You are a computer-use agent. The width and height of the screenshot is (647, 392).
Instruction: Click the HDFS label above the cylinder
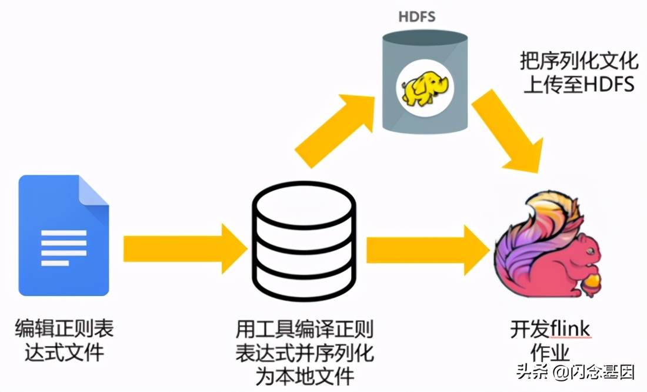point(417,16)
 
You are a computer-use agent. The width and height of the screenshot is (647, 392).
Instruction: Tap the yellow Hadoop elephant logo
point(425,88)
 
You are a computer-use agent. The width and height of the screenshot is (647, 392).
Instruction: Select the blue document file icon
point(64,235)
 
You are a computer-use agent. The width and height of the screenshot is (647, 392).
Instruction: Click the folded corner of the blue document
point(94,190)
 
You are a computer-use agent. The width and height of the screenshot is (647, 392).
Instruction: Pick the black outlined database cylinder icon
point(304,241)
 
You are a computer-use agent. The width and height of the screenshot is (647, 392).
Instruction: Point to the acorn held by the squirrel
point(592,283)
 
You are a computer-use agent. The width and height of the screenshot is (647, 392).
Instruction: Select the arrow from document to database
point(185,248)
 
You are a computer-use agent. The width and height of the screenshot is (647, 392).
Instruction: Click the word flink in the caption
point(570,329)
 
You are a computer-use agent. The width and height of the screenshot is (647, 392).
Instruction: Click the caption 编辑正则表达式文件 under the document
point(64,340)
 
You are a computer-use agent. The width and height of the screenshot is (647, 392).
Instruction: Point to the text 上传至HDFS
point(579,85)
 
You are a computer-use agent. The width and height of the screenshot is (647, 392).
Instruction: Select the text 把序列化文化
point(579,61)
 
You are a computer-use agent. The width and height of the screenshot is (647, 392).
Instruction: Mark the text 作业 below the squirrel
point(550,353)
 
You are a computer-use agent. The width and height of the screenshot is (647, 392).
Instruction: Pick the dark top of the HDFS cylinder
point(425,37)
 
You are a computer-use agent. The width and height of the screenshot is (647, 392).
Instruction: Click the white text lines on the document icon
point(64,248)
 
